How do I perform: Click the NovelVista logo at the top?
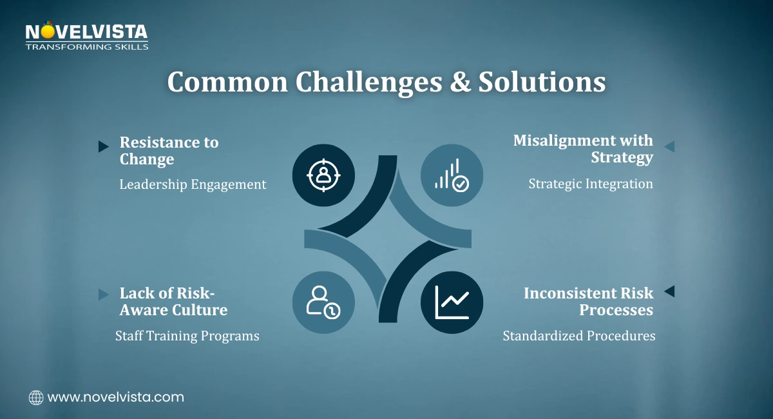86,37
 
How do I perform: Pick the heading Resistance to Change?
169,151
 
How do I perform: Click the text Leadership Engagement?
193,184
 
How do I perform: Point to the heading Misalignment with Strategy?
583,149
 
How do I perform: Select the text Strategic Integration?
591,184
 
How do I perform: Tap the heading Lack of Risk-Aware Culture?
173,302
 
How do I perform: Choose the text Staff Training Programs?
187,336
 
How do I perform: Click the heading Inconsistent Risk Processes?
588,302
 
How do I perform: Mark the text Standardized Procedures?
579,336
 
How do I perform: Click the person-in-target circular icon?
323,175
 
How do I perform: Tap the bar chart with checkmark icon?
452,175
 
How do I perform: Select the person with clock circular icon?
323,302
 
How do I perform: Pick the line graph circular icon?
452,302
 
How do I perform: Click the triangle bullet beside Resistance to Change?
103,146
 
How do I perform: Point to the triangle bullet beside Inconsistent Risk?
669,291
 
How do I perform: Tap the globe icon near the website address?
36,397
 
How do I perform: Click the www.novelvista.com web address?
116,397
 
